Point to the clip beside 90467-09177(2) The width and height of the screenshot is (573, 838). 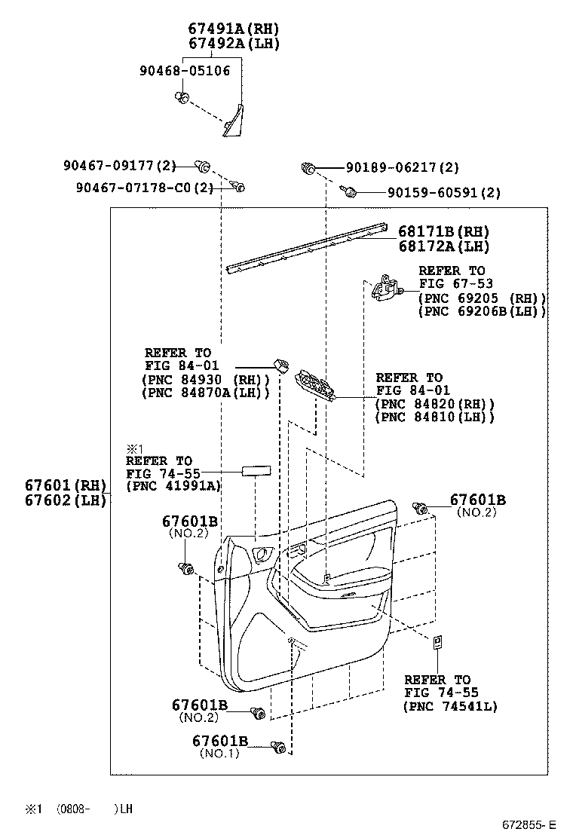(202, 166)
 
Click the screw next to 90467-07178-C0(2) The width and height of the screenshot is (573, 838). (237, 186)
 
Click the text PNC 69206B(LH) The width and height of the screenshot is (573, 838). (482, 311)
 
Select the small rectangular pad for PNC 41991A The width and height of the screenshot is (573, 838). (255, 472)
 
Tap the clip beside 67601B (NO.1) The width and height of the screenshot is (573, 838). (279, 748)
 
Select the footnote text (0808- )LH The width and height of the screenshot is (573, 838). (95, 808)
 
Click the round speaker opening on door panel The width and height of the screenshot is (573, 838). (264, 555)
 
